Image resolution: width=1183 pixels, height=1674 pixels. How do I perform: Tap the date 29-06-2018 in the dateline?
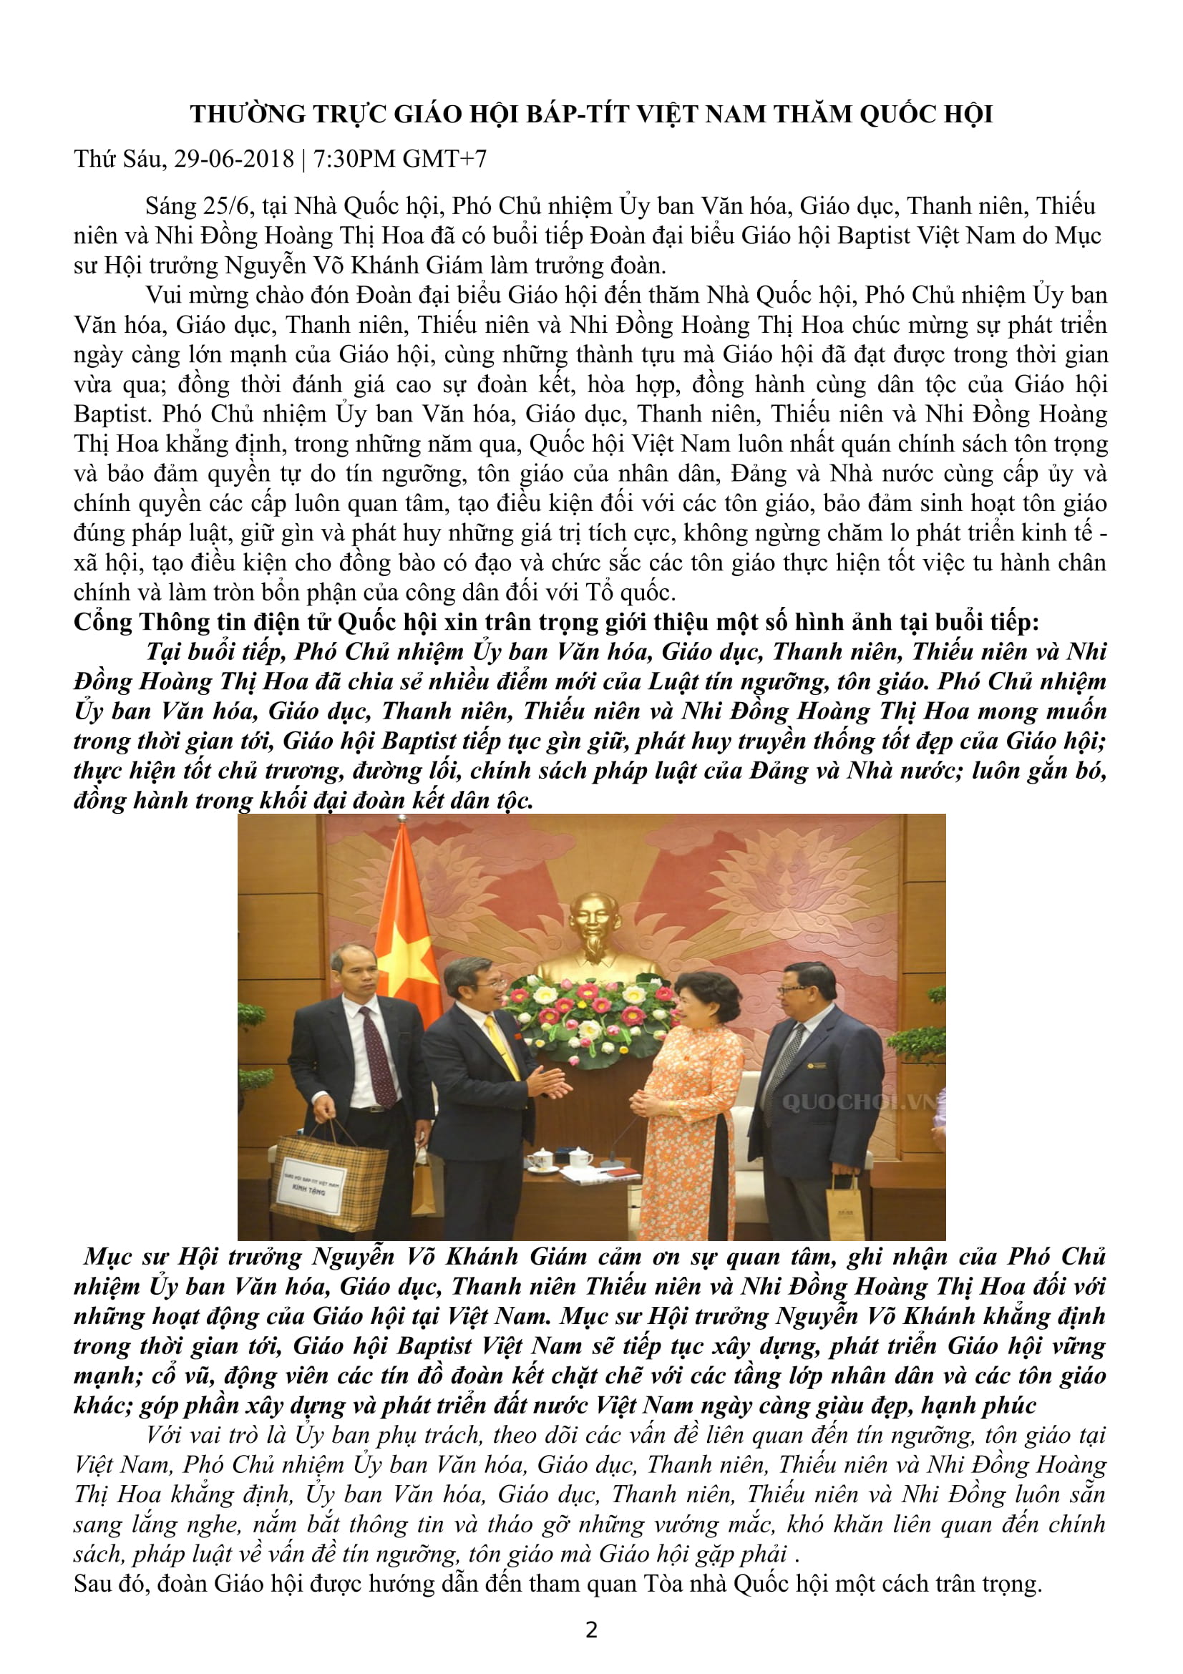[x=233, y=159]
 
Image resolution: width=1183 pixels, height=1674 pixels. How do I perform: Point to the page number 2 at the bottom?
[x=591, y=1630]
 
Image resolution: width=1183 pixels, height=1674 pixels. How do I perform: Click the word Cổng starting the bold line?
[x=103, y=622]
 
